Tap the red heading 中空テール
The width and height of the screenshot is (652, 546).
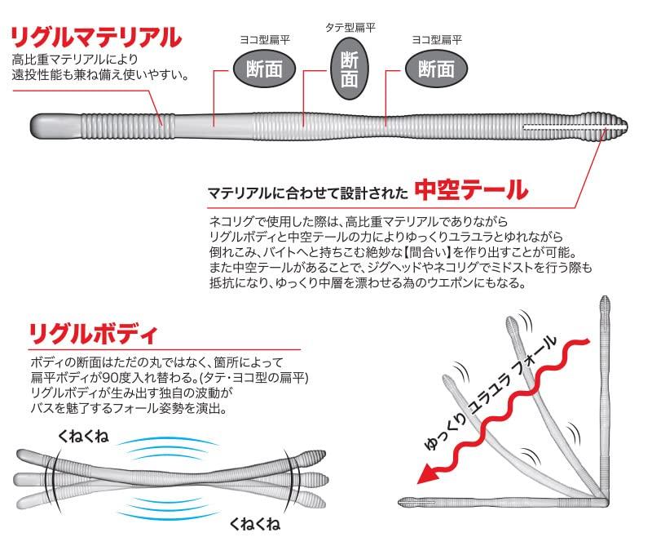point(471,191)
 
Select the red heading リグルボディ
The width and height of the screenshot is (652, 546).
point(92,334)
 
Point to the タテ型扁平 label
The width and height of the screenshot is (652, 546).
point(350,27)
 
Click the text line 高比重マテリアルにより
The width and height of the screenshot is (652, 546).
point(75,60)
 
